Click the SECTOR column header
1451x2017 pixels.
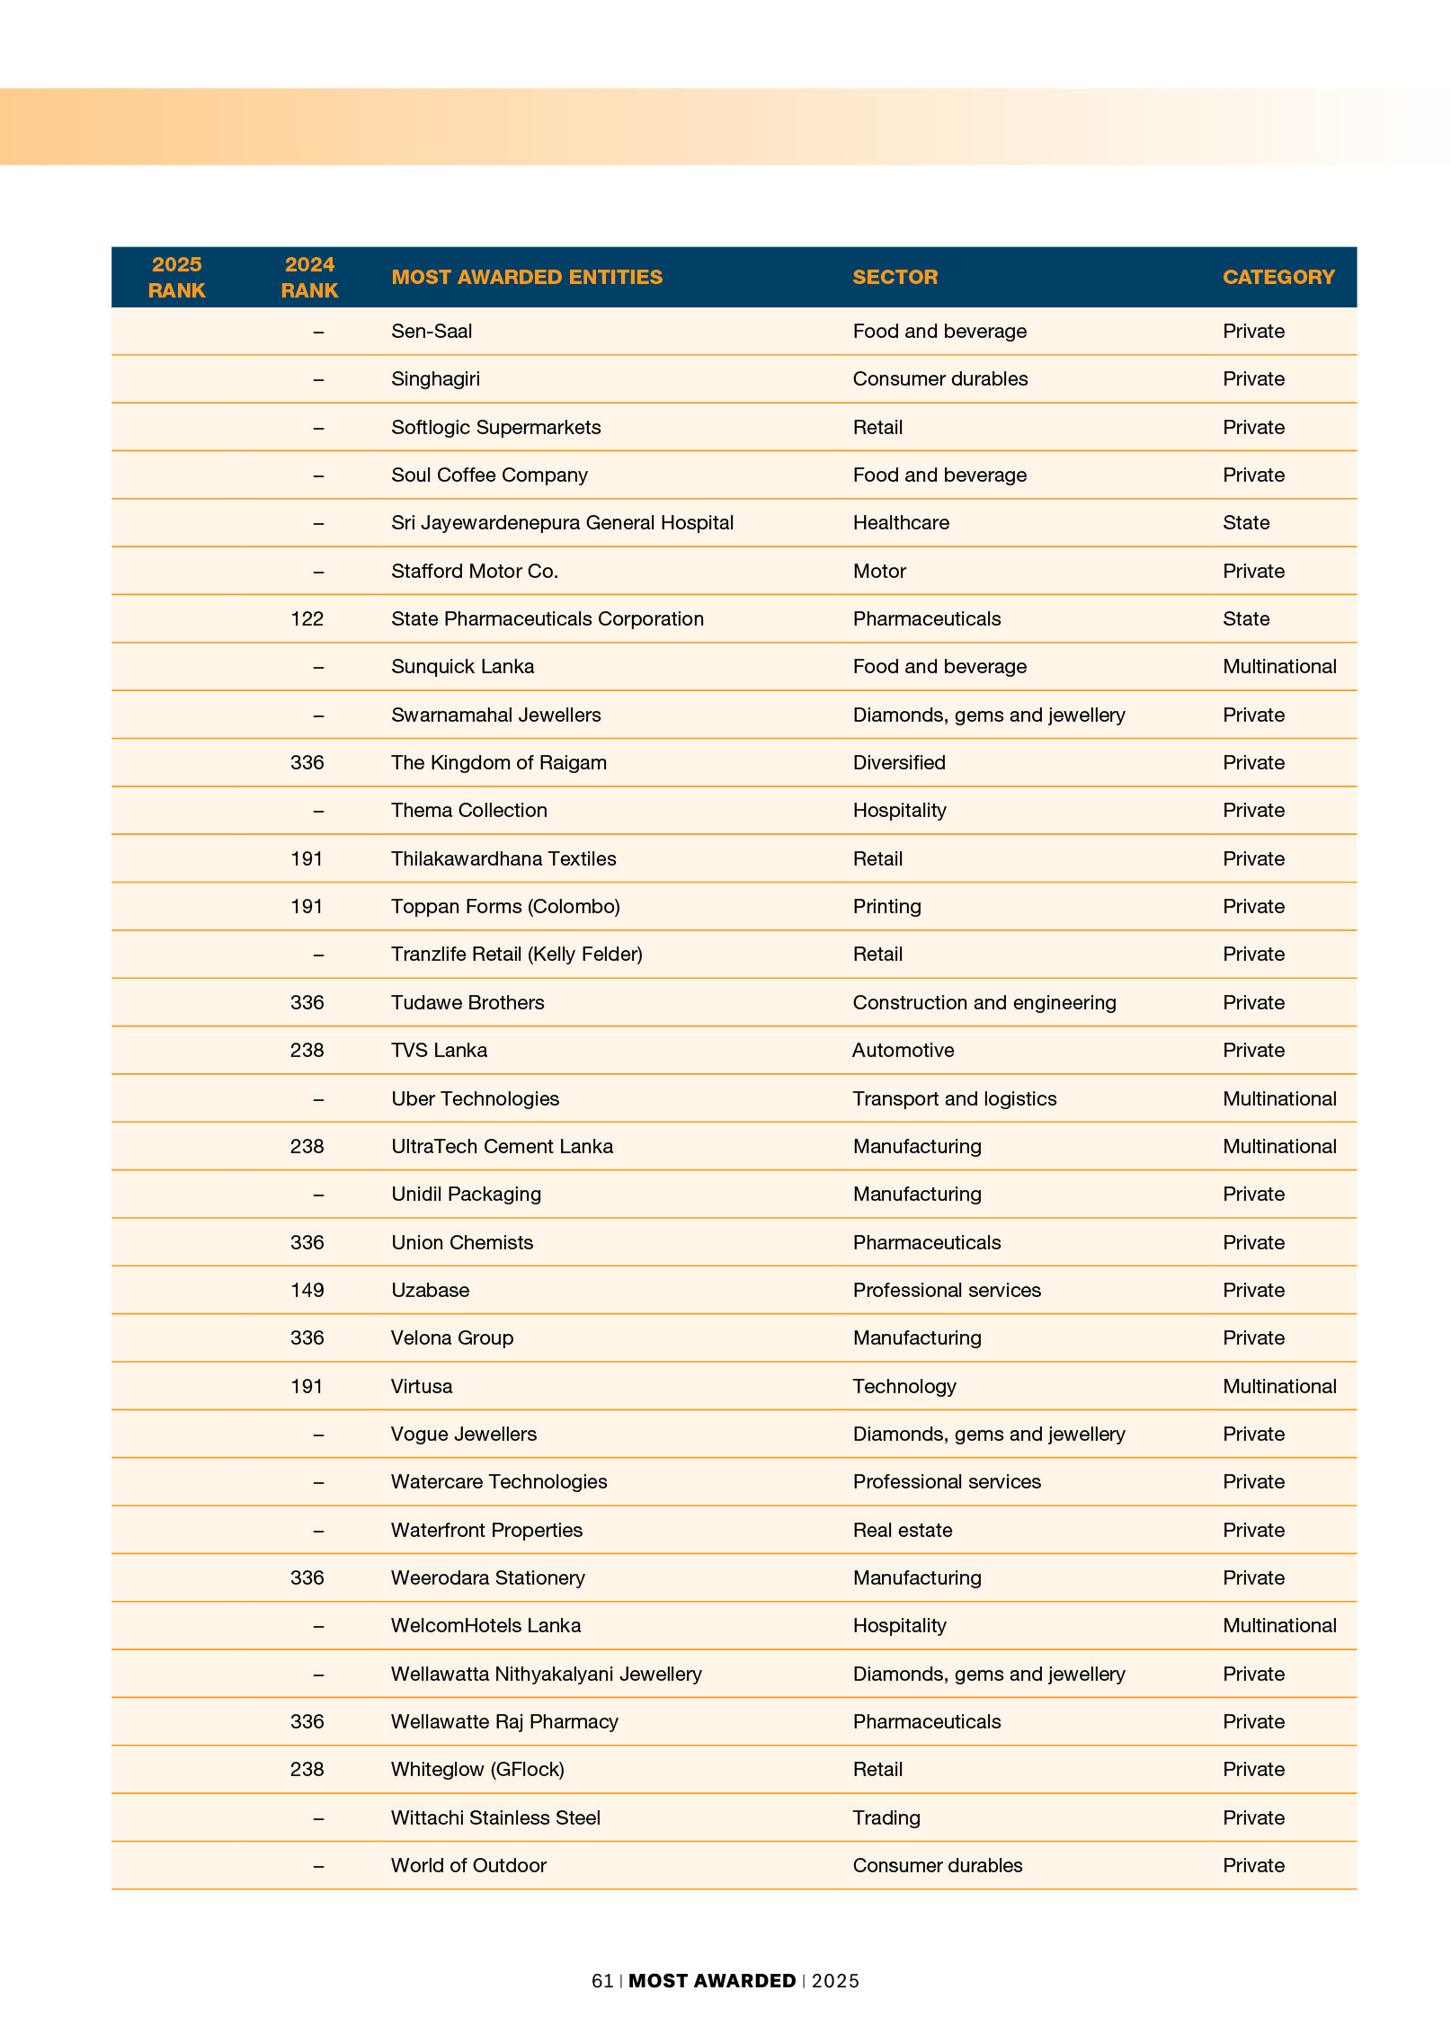895,277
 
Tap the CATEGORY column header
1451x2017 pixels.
1277,277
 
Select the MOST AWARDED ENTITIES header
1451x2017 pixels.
526,277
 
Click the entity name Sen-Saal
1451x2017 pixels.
432,332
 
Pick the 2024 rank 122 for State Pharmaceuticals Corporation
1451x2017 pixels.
307,619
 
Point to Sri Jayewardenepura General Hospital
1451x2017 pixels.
562,523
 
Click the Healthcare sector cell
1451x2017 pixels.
901,523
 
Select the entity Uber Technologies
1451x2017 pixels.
475,1098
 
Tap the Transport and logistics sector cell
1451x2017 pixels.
954,1098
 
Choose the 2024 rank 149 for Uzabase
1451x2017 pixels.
307,1291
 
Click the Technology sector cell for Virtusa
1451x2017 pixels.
904,1386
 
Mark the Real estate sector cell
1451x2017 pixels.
902,1530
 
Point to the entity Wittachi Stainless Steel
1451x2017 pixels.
495,1817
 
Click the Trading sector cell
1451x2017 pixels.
886,1817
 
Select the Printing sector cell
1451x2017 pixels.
886,907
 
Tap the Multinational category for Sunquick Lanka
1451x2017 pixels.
1278,667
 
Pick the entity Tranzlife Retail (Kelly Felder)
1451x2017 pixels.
516,955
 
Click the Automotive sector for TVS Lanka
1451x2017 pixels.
903,1051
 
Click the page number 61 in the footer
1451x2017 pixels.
602,1981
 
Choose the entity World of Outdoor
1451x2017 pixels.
468,1866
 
